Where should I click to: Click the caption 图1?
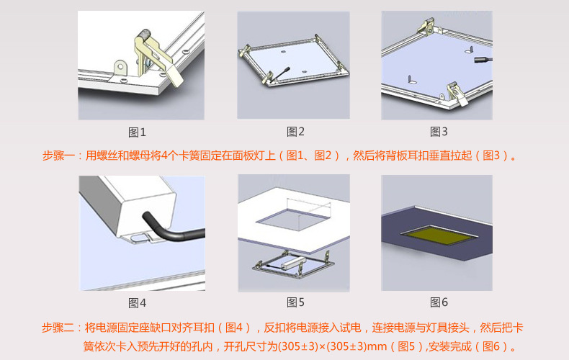pyautogui.click(x=137, y=132)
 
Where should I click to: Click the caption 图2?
pyautogui.click(x=295, y=132)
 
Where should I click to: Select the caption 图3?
pyautogui.click(x=439, y=132)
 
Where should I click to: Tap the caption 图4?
pyautogui.click(x=137, y=302)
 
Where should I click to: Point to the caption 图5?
pyautogui.click(x=295, y=302)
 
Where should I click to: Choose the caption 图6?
pyautogui.click(x=439, y=302)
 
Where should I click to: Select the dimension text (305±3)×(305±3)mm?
pyautogui.click(x=323, y=346)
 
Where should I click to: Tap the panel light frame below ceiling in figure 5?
pyautogui.click(x=293, y=266)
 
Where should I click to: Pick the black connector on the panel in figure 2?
pyautogui.click(x=277, y=73)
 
